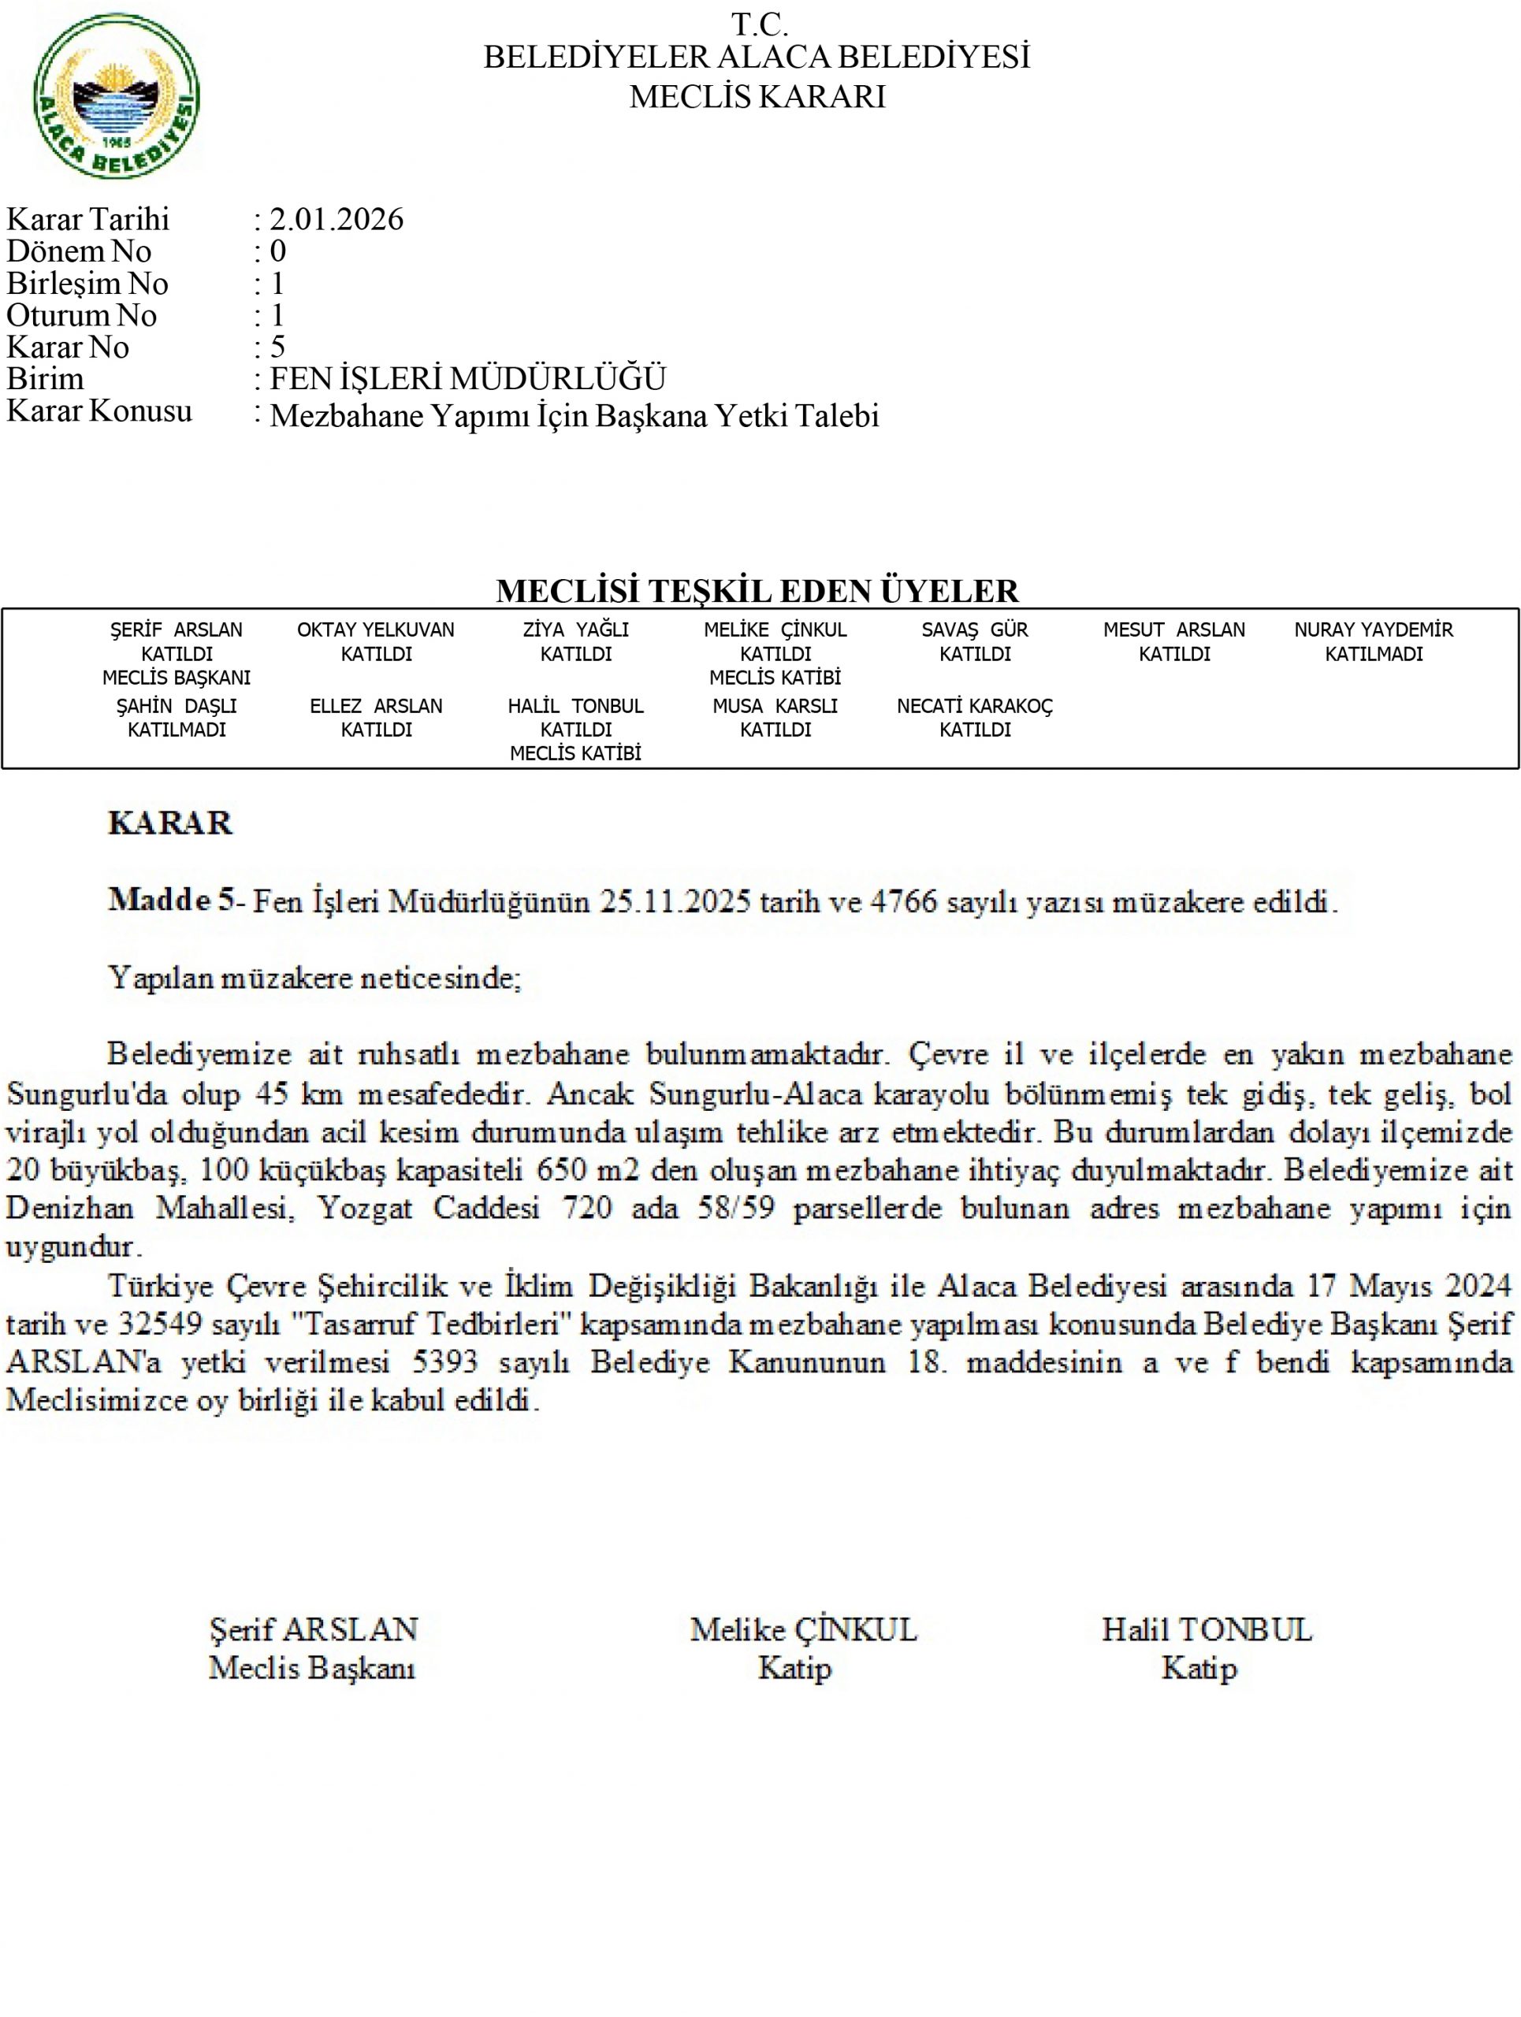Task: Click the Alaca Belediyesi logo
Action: pos(116,97)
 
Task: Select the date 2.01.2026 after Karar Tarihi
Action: pos(336,219)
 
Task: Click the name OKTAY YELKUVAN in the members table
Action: pos(376,630)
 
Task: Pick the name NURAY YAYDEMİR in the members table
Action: pos(1374,630)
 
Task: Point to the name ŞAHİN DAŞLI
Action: pos(176,706)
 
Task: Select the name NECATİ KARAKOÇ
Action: pos(975,706)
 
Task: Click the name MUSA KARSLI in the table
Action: pos(775,706)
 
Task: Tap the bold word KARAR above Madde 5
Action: pos(170,823)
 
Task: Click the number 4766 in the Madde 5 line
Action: pos(904,902)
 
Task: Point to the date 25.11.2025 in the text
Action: pos(675,902)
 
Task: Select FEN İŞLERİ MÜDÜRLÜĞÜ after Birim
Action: pos(468,378)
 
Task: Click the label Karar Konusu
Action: pos(99,411)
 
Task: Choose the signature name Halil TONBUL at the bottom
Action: pos(1207,1629)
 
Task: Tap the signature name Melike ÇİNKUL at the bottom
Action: pos(803,1629)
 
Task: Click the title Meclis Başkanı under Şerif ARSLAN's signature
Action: pos(312,1668)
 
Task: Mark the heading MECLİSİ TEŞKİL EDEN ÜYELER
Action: pos(757,591)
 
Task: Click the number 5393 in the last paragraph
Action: pos(445,1361)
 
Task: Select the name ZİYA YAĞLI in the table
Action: pos(575,630)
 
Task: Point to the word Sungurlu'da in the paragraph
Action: pos(74,1094)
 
